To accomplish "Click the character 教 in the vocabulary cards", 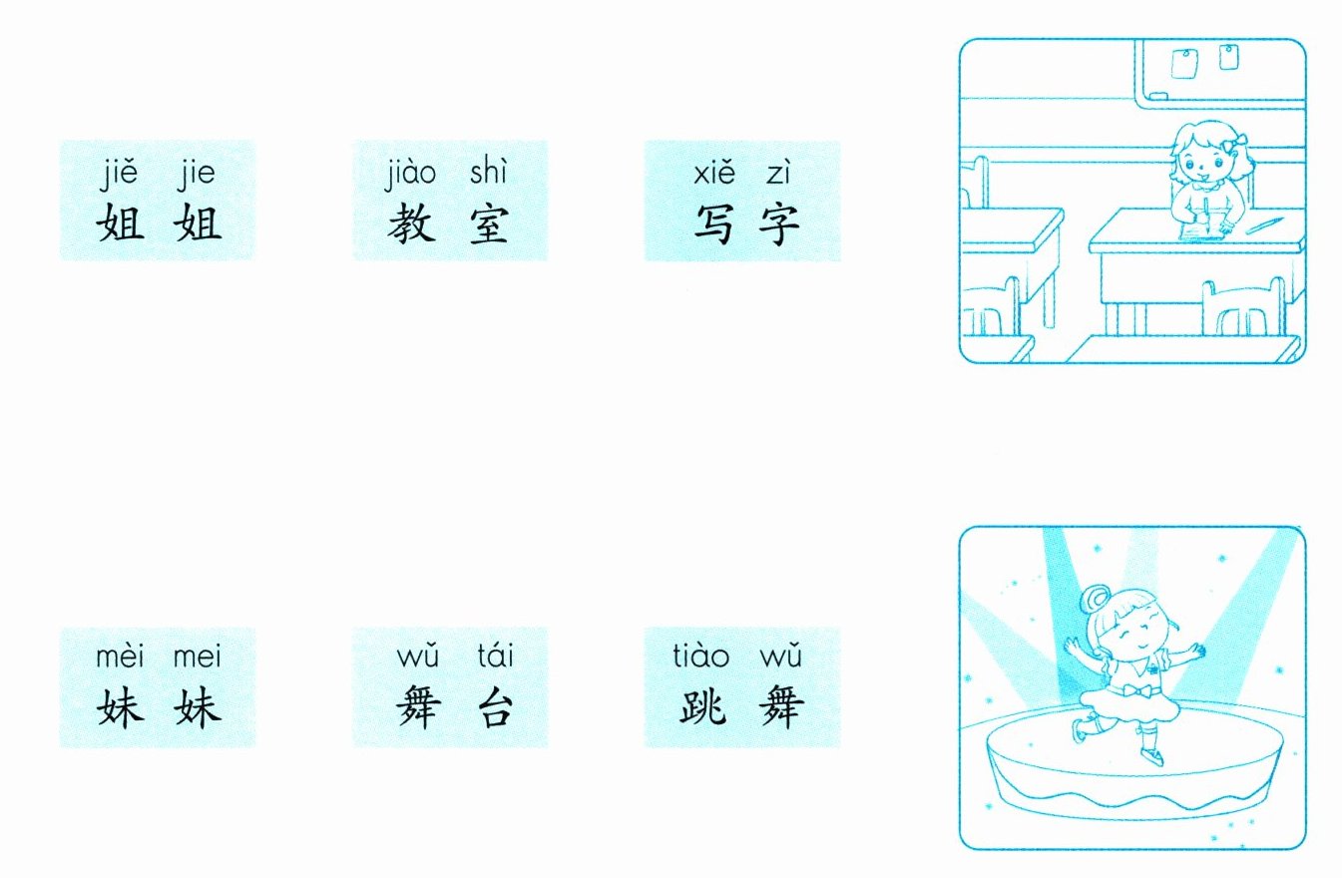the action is [x=412, y=226].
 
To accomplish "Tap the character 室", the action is [x=487, y=226].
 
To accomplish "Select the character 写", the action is [x=713, y=226].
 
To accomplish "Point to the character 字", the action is [x=779, y=226].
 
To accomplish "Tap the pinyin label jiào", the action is [x=411, y=174].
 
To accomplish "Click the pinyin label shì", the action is [x=489, y=174].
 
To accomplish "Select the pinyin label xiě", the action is [x=713, y=174].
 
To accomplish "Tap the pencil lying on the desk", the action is [x=1264, y=223].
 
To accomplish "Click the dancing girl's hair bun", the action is [x=1095, y=601].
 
